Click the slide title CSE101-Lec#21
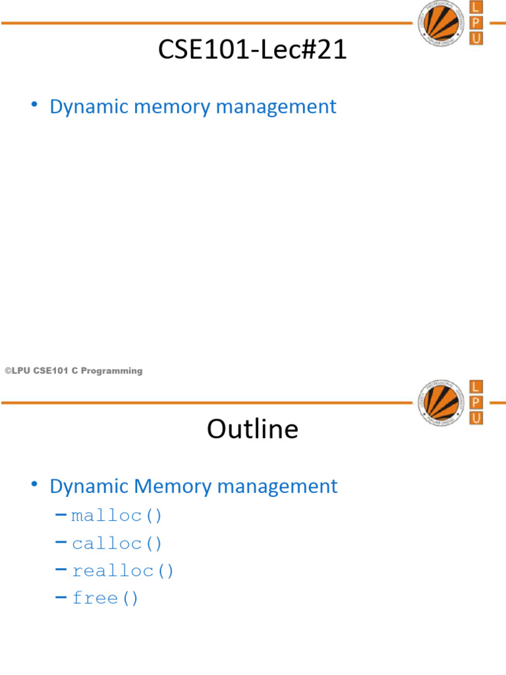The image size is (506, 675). click(x=252, y=50)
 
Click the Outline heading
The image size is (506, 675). click(x=252, y=429)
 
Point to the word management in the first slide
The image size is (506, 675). click(x=281, y=107)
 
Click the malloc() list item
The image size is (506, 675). click(x=117, y=515)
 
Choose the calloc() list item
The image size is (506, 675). click(x=117, y=544)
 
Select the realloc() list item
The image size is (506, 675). click(x=123, y=571)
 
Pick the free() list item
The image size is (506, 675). click(x=105, y=599)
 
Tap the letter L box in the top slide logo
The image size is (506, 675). click(x=476, y=7)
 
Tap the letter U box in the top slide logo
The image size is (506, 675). click(x=476, y=38)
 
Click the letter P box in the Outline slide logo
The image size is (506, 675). click(x=476, y=402)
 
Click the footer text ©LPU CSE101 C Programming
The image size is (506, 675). click(x=73, y=371)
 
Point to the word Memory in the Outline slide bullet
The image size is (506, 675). click(x=174, y=486)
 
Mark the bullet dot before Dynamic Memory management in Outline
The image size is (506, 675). click(x=34, y=485)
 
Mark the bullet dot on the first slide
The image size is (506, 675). click(x=34, y=105)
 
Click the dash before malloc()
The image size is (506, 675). click(x=61, y=515)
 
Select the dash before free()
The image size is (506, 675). click(x=61, y=598)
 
